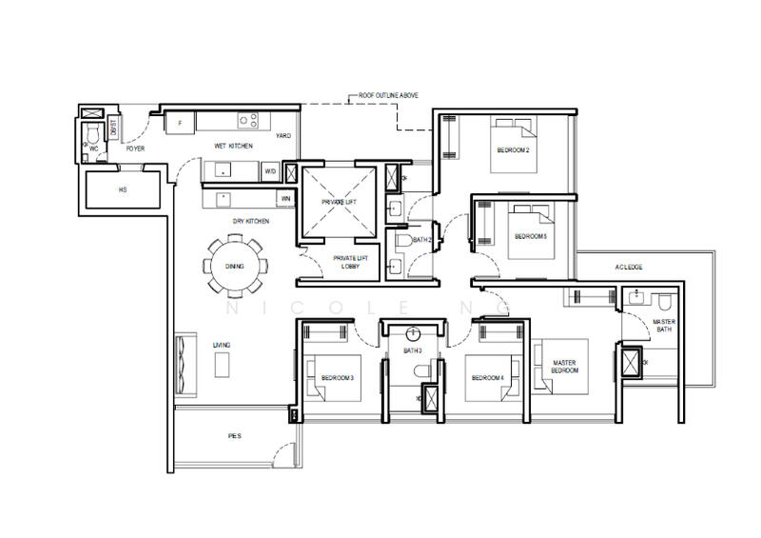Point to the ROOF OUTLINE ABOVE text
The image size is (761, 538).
(x=387, y=96)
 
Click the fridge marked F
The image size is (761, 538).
(x=180, y=122)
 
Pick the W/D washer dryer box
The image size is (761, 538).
(x=270, y=172)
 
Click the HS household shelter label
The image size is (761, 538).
(x=122, y=189)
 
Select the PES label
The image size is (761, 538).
(x=234, y=436)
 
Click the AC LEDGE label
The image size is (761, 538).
(x=630, y=268)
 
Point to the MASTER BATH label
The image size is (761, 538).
(x=664, y=326)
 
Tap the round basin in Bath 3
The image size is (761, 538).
(x=413, y=334)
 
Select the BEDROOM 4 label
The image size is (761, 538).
(x=488, y=378)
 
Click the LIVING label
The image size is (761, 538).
(x=222, y=345)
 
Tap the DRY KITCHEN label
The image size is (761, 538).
(x=251, y=221)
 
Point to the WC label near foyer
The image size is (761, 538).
(x=94, y=149)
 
